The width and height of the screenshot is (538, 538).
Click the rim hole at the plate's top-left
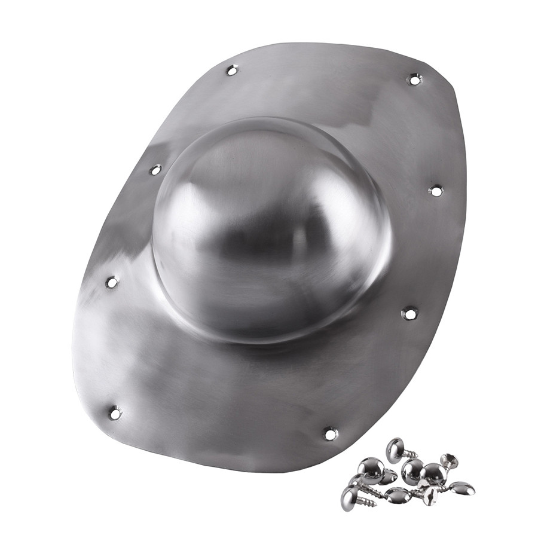[232, 71]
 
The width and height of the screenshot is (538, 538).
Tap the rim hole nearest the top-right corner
[414, 78]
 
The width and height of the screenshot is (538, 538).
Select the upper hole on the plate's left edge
[155, 170]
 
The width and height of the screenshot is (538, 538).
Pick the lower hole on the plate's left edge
[112, 282]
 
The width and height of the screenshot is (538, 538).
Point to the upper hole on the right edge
[436, 191]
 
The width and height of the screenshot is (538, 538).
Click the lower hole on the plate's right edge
[409, 313]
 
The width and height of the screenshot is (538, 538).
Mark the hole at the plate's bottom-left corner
[115, 412]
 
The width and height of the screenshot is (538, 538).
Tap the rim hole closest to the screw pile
[331, 433]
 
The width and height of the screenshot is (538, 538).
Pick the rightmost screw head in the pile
[463, 488]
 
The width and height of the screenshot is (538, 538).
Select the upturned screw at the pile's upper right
[449, 461]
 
